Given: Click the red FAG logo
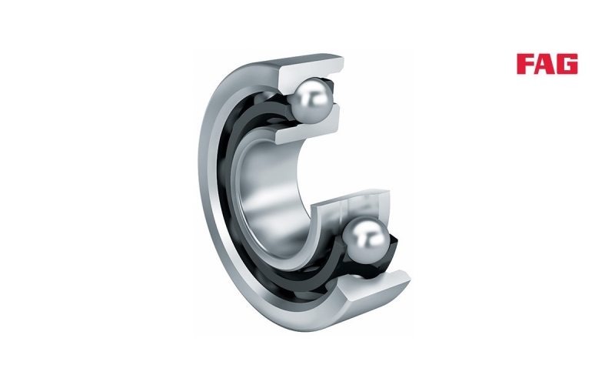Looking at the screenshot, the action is (x=547, y=64).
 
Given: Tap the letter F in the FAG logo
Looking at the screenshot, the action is (x=526, y=64).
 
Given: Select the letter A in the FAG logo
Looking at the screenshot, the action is (x=546, y=64).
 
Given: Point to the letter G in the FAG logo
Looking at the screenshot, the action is (x=568, y=64).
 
